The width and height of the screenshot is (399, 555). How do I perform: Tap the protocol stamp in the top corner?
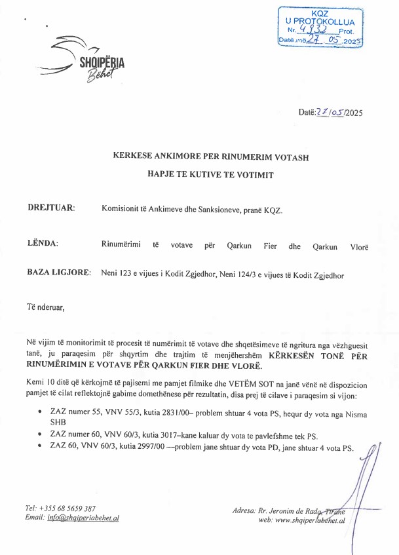click(x=320, y=28)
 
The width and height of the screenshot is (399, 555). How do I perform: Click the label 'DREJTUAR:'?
click(x=51, y=208)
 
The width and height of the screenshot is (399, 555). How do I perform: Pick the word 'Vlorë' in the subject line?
click(x=359, y=247)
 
